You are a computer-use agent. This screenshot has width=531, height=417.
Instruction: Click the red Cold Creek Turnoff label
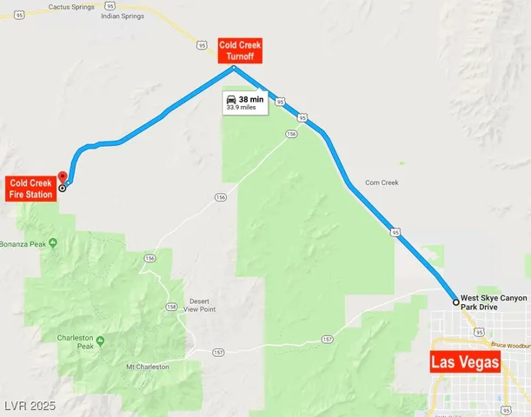click(x=240, y=50)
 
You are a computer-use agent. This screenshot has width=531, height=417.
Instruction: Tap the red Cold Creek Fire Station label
click(x=30, y=188)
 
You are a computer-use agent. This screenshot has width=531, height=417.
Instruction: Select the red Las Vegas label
click(x=466, y=362)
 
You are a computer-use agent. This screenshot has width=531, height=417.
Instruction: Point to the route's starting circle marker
click(x=455, y=302)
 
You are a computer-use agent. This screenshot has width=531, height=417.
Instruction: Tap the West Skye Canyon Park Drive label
click(x=494, y=302)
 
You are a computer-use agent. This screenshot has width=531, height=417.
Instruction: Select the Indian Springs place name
click(x=122, y=16)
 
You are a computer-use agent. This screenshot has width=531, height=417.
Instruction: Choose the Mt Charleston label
click(x=148, y=367)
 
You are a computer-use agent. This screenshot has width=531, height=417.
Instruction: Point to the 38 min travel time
click(x=251, y=99)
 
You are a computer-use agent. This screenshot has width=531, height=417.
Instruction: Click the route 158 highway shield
click(x=171, y=308)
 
